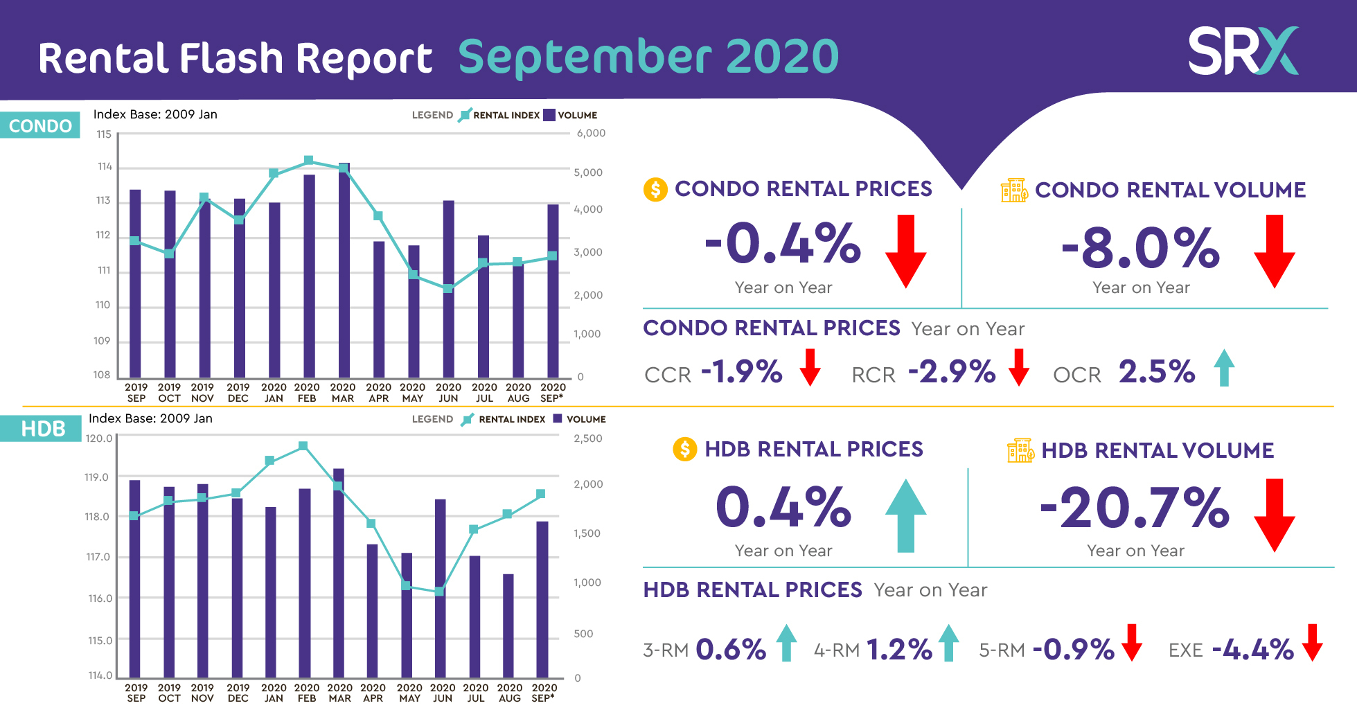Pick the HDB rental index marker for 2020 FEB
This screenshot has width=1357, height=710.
click(x=303, y=446)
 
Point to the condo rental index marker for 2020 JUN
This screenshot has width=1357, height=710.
click(x=448, y=288)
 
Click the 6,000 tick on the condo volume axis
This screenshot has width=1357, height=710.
click(x=591, y=133)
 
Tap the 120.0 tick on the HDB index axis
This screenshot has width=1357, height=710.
click(x=98, y=438)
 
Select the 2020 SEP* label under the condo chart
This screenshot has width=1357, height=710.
click(x=553, y=393)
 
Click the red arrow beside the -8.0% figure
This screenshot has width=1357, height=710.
click(x=1274, y=251)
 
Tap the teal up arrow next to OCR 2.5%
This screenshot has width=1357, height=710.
click(x=1224, y=368)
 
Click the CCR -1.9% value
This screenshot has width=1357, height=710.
click(x=742, y=372)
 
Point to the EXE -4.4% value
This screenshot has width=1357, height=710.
click(x=1252, y=650)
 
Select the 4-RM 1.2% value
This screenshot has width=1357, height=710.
click(x=899, y=650)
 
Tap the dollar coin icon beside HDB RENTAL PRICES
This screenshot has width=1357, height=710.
click(x=685, y=449)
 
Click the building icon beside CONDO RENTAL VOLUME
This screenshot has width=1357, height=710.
click(x=1014, y=190)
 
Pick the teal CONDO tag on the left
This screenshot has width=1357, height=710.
click(x=40, y=125)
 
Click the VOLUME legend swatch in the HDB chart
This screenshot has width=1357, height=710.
click(x=557, y=418)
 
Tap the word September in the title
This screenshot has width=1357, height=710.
click(x=586, y=57)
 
